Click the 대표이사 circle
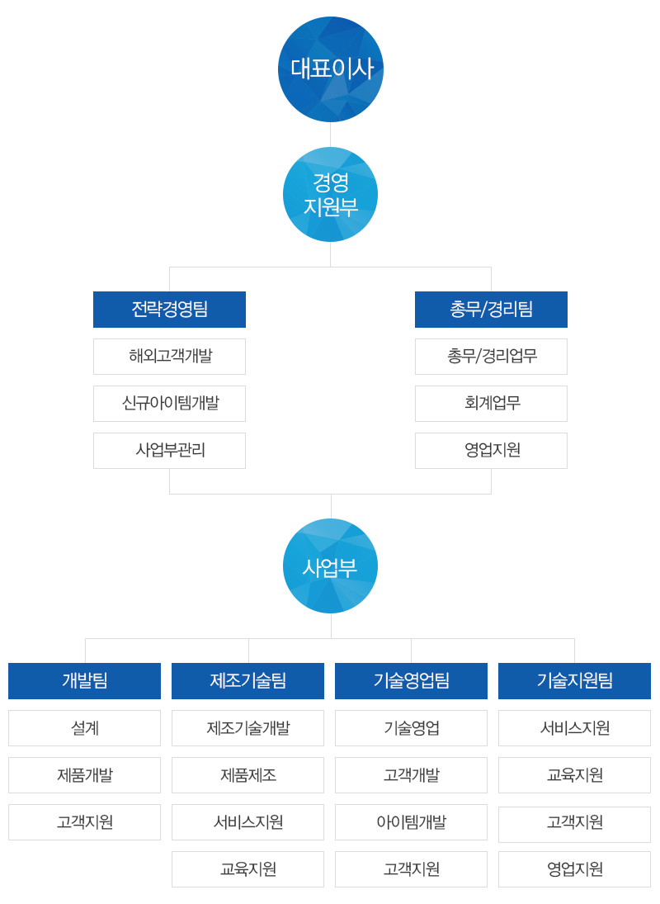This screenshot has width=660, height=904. click(x=331, y=69)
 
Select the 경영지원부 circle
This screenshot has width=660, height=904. click(x=331, y=194)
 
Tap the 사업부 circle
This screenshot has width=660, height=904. click(x=331, y=566)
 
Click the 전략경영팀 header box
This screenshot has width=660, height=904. click(x=169, y=310)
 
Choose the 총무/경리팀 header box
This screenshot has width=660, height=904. click(x=491, y=310)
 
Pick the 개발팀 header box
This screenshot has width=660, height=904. click(x=85, y=681)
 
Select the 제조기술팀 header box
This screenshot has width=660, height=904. click(x=247, y=681)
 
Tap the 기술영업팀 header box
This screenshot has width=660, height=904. click(x=411, y=681)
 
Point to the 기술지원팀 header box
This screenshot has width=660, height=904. click(x=575, y=681)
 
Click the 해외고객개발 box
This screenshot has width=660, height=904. click(x=169, y=357)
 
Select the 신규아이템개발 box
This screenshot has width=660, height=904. click(x=169, y=404)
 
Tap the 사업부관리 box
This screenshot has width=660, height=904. click(x=169, y=450)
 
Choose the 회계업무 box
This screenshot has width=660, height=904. click(x=491, y=404)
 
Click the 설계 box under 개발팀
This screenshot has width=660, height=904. click(x=85, y=728)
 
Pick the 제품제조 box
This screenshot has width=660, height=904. click(x=247, y=775)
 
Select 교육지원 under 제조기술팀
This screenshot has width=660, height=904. click(x=247, y=869)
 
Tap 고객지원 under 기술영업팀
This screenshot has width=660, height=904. click(x=411, y=869)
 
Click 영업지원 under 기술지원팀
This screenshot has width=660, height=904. click(x=575, y=869)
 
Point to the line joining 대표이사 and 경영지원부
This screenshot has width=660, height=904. click(x=331, y=135)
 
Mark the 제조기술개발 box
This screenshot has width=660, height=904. click(x=247, y=728)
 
